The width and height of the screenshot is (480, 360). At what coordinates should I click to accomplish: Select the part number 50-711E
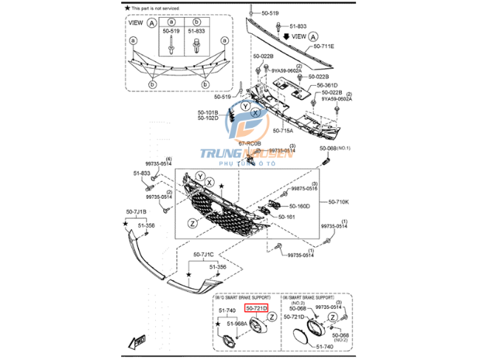(323, 46)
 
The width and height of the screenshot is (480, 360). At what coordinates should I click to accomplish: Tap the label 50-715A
(284, 130)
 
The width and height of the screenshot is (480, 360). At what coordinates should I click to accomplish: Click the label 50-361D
(328, 85)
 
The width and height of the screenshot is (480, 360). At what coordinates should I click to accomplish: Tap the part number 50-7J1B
(136, 212)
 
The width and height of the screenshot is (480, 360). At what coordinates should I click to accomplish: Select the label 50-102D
(208, 118)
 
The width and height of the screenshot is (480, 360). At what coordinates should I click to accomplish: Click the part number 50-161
(286, 217)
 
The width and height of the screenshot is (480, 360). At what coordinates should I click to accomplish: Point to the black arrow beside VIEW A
(287, 35)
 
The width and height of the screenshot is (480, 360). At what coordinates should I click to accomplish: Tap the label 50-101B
(208, 112)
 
